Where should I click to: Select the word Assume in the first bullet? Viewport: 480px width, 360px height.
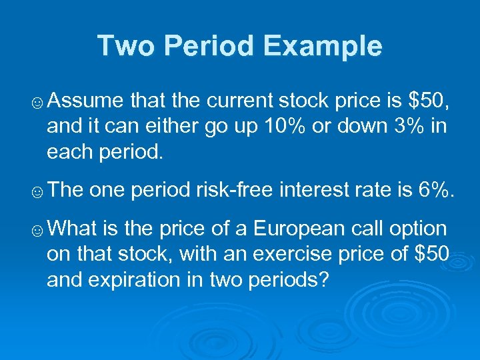(86, 101)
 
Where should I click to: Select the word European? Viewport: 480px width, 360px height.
(306, 229)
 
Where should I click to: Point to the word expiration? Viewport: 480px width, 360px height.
(139, 279)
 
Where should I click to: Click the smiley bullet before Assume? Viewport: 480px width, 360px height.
(38, 102)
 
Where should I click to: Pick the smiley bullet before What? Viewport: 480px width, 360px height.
(38, 230)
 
